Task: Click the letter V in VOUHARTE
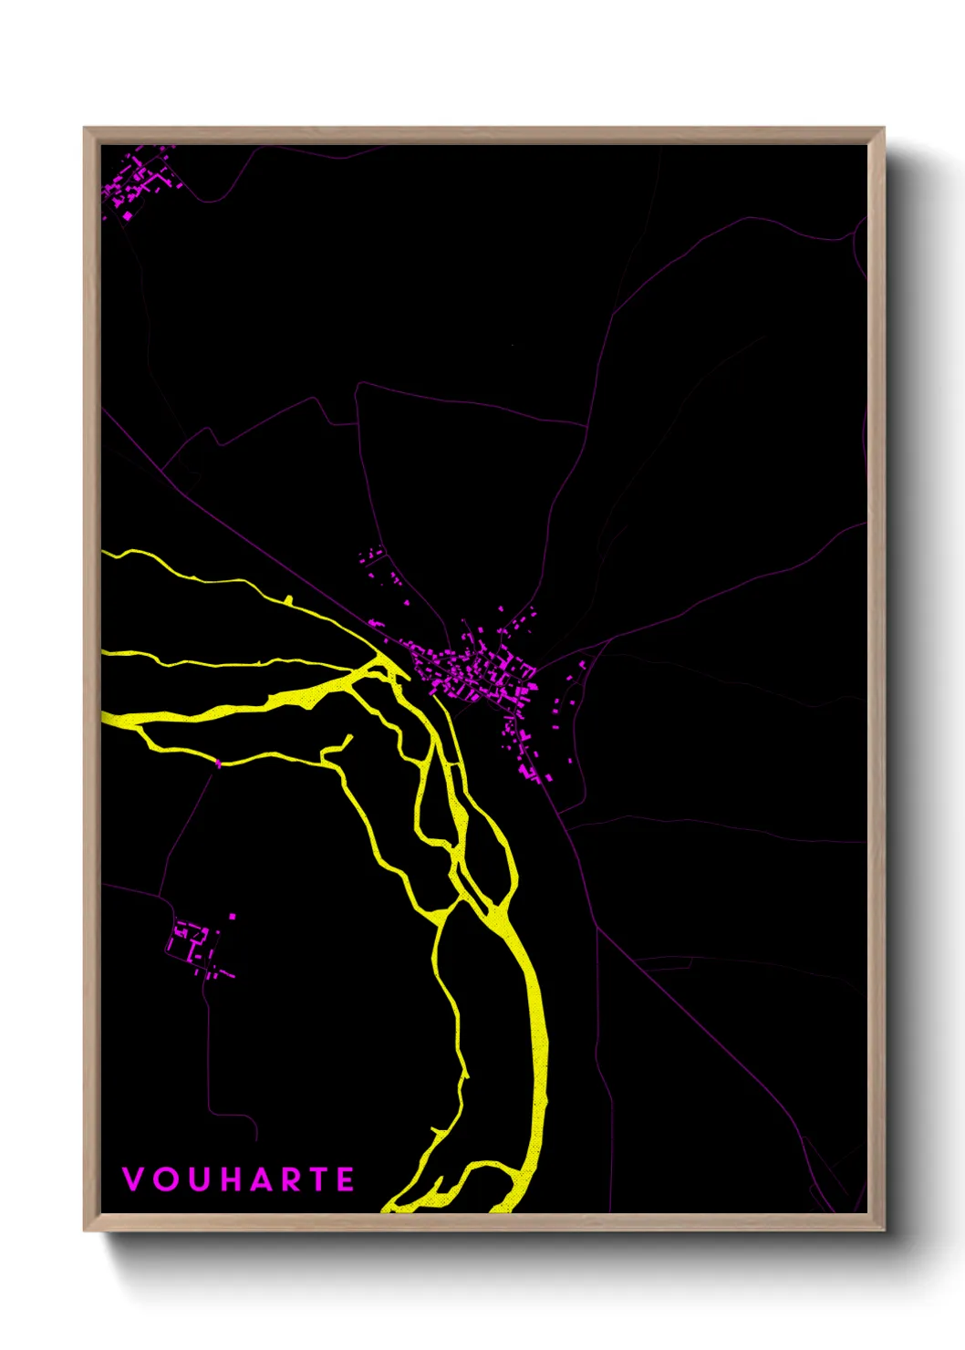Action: (133, 1179)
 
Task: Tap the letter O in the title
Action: (165, 1179)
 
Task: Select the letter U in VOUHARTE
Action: (198, 1179)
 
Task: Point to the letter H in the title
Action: (231, 1179)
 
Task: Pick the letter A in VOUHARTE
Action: (262, 1179)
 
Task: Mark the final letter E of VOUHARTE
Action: (346, 1179)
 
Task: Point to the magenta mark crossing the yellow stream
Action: (218, 763)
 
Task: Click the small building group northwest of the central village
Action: (374, 556)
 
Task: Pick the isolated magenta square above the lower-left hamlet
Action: (233, 916)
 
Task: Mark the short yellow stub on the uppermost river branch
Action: (288, 599)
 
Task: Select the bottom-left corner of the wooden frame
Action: (86, 1229)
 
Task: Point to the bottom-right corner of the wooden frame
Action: (882, 1229)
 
